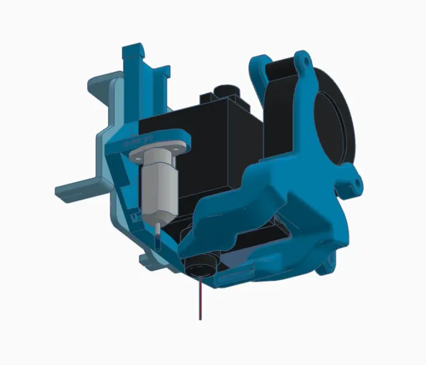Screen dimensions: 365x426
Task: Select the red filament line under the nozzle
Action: click(200, 298)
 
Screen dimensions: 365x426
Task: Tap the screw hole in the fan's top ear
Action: click(303, 59)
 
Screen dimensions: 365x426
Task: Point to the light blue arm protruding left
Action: click(76, 190)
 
